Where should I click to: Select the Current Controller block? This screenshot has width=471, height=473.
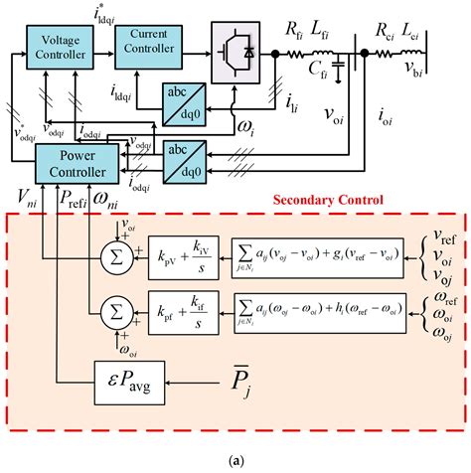pyautogui.click(x=157, y=45)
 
